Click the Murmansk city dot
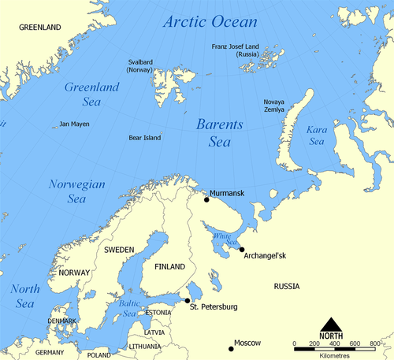pos(206,199)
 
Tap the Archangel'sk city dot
pos(241,250)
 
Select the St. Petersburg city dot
pos(187,300)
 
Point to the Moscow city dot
pos(231,348)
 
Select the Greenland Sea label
pos(91,95)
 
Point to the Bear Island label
pos(145,138)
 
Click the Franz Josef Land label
pos(241,50)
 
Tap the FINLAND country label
pos(169,266)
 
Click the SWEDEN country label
pos(119,249)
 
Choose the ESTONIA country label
pos(162,313)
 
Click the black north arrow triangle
pos(331,323)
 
